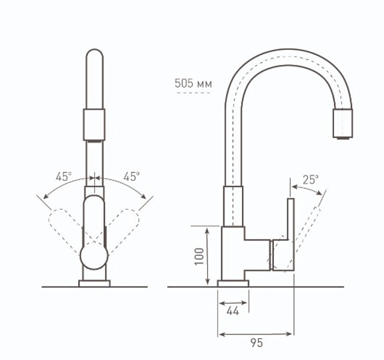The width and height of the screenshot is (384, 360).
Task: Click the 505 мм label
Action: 193,83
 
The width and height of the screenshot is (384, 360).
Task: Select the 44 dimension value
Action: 233,311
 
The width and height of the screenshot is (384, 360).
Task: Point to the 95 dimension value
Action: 256,343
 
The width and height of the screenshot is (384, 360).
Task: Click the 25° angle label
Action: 310,180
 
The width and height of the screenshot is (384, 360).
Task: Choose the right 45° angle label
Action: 131,177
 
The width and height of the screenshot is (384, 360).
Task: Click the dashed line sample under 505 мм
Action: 193,93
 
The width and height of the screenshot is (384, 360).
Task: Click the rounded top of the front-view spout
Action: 95,54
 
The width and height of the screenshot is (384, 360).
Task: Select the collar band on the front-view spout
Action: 95,123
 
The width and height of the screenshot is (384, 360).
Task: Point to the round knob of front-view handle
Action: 94,258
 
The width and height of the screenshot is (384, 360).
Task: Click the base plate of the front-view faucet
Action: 95,283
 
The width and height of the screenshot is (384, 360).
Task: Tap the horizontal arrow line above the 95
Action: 256,333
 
